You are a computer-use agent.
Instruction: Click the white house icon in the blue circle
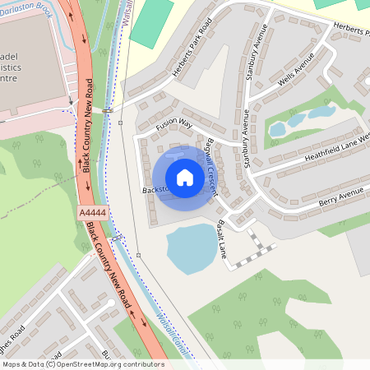coord(185,177)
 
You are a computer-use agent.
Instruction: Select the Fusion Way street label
coord(174,123)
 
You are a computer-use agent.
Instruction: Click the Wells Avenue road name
coord(298,72)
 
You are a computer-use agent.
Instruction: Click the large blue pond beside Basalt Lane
coord(193,249)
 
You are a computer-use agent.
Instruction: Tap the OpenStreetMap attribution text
coord(82,364)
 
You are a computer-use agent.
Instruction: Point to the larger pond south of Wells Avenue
coord(320,112)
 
